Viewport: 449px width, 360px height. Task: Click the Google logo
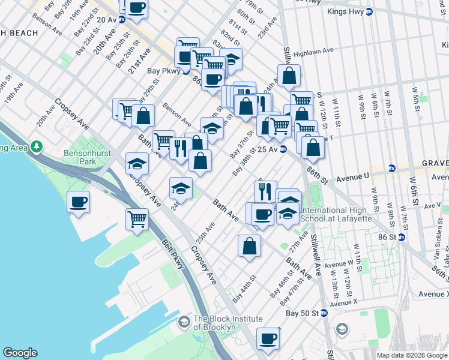point(20,353)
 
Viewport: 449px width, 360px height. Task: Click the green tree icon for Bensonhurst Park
point(37,146)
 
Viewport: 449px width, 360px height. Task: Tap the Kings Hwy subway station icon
point(370,11)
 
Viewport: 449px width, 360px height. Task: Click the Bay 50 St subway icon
point(324,313)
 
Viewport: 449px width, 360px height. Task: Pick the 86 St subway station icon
point(402,237)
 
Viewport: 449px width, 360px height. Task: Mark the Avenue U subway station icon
point(392,168)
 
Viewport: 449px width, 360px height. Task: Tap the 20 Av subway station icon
point(122,19)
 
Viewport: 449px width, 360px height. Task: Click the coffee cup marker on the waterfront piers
point(79,202)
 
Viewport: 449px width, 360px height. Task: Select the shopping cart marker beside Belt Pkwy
point(137,219)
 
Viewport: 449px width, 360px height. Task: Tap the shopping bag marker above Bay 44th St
point(249,245)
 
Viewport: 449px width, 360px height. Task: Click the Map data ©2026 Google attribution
point(411,355)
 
